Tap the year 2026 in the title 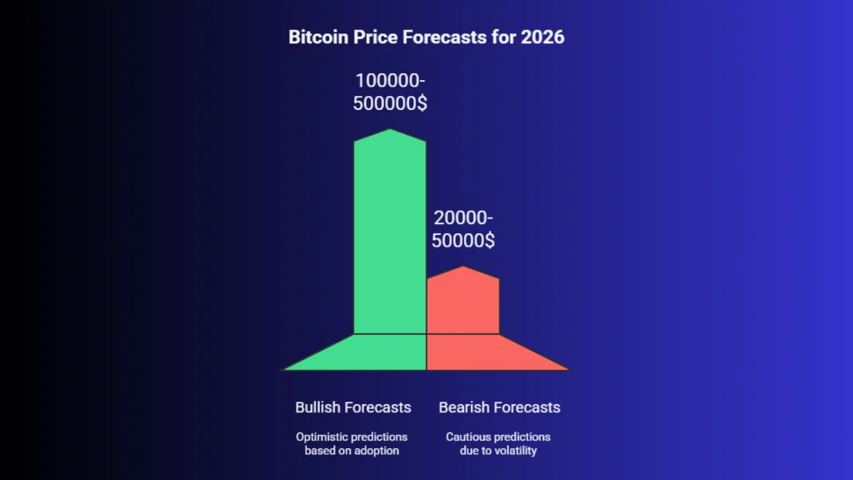pos(542,37)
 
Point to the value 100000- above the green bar pos(390,81)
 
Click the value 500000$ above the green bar pos(390,102)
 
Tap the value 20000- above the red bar pos(463,217)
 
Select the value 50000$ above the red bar pos(463,240)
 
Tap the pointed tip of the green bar pos(390,129)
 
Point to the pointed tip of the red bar pos(463,267)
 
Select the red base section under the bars pos(479,353)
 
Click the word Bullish pos(317,407)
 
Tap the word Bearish pos(461,407)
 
